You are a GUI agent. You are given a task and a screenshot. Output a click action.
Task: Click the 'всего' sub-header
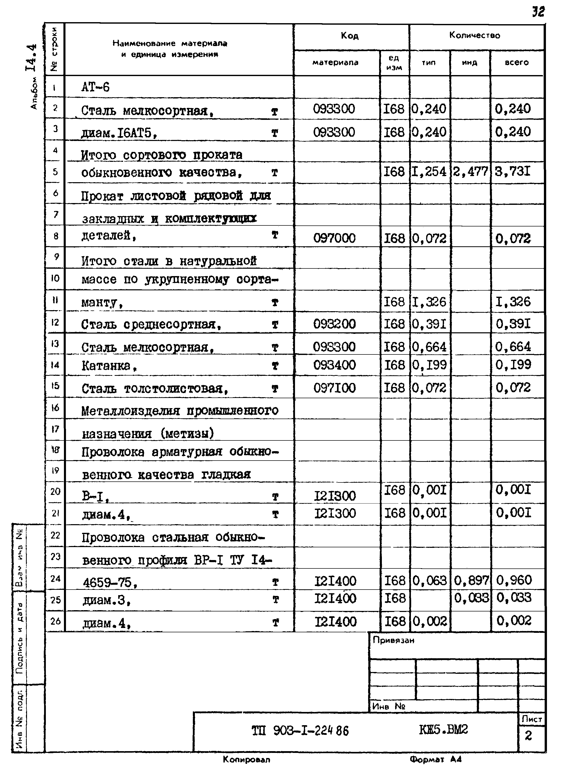pos(516,63)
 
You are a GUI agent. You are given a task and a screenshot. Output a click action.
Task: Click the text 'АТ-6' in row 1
pos(96,88)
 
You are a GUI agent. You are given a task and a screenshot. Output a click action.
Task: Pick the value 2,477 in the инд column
pos(470,171)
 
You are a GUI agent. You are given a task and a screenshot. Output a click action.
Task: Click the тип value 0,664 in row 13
pos(429,347)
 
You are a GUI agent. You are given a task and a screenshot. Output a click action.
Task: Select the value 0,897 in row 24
pos(471,580)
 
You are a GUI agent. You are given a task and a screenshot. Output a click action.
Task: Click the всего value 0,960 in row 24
pos(514,580)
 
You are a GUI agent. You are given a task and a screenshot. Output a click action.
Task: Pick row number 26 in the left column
pos(55,621)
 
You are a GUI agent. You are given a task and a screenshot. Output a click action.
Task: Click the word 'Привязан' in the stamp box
pos(394,640)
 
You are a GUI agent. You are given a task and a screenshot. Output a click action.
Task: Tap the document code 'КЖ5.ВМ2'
pos(443,730)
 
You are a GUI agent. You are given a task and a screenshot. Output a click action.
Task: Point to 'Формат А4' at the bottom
pos(436,760)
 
